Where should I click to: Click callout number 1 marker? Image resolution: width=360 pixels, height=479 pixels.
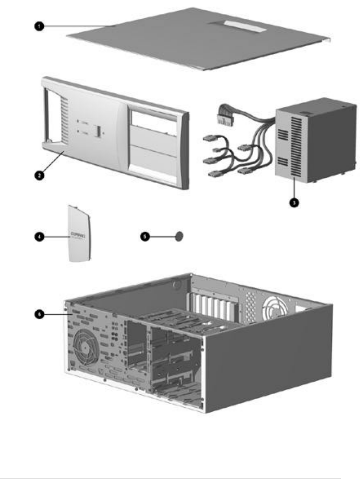point(39,26)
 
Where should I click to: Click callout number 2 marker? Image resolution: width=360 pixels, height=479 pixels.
point(39,176)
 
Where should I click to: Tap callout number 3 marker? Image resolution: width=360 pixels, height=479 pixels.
point(294,202)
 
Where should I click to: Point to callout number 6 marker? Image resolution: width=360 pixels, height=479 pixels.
point(39,314)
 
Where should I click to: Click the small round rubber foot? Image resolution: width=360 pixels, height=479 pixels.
point(179,236)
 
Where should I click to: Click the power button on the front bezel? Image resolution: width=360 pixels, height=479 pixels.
point(97,131)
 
